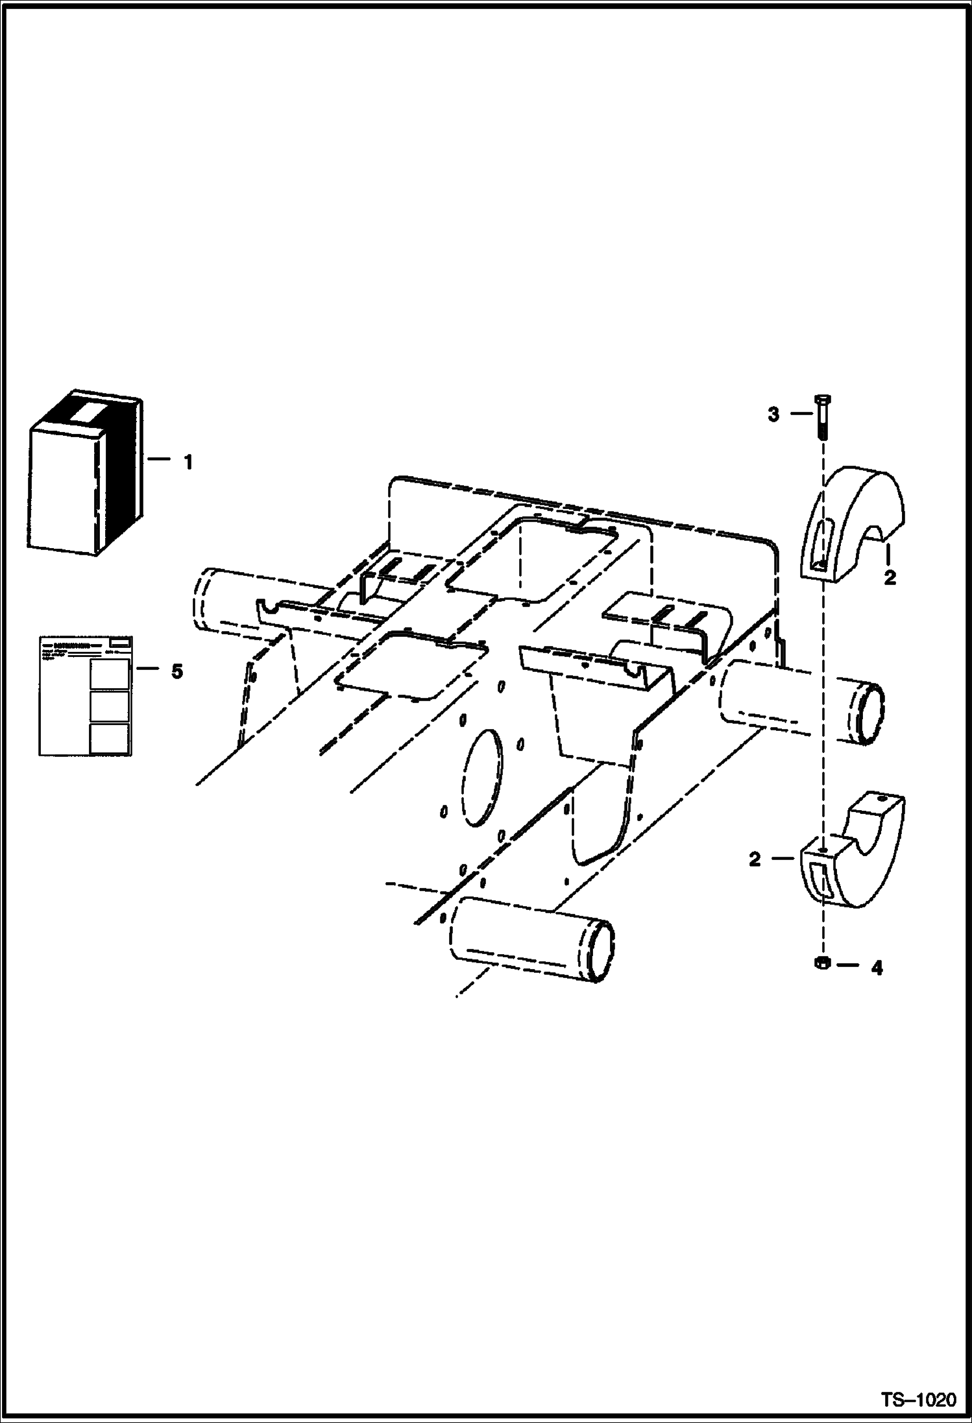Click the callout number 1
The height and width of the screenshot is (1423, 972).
(188, 463)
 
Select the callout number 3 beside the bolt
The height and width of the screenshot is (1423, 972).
(773, 414)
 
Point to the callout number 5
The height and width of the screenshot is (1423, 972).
(177, 671)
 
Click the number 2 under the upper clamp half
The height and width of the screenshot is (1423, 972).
(890, 577)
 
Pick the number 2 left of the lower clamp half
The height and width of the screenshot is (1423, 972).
(754, 860)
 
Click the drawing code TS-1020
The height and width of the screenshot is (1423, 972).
(918, 1400)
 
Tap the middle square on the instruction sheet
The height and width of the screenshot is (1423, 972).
(109, 706)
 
